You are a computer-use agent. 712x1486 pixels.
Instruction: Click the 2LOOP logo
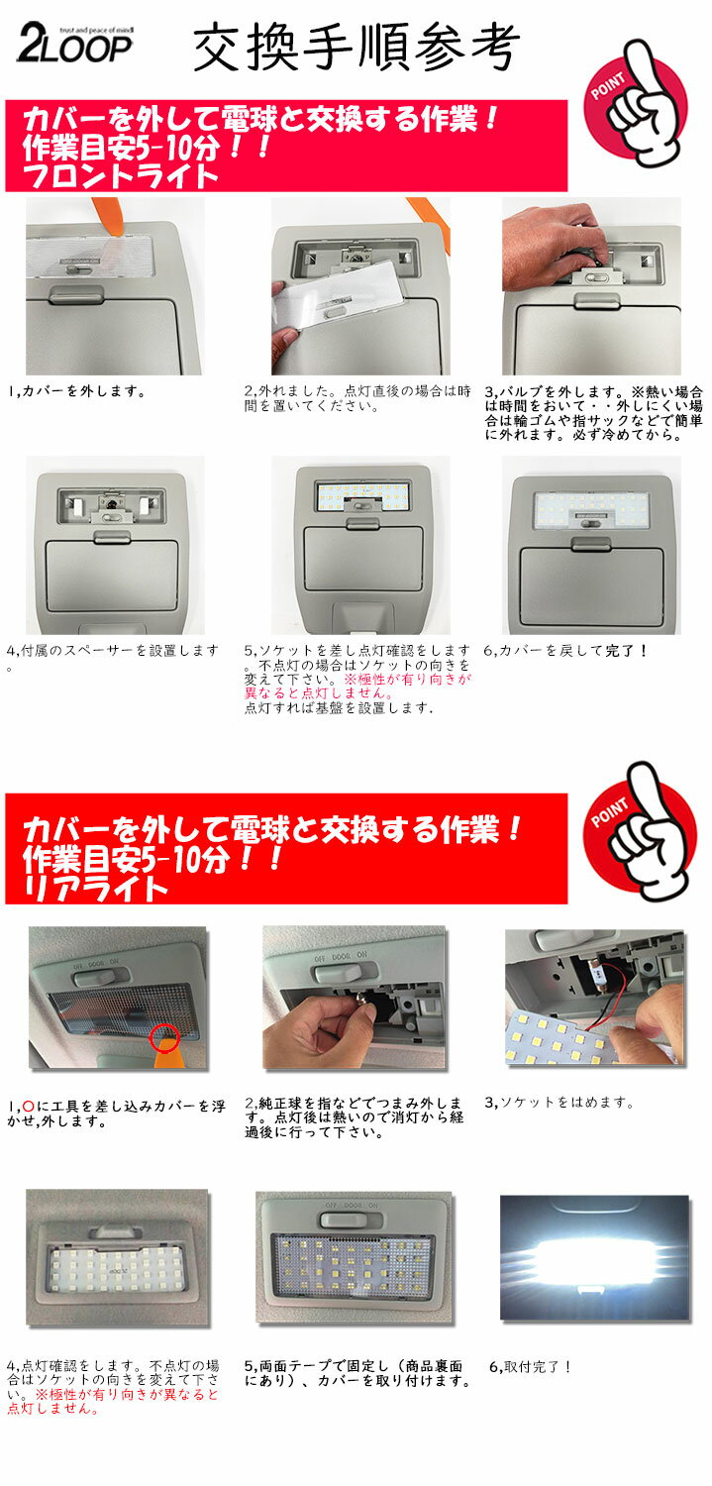74,45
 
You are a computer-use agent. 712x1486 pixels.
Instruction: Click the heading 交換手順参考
356,47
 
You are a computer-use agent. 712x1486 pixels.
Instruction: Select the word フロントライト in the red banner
120,176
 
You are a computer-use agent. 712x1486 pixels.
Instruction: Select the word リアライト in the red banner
96,888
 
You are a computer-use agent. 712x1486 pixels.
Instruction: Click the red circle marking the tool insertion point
164,1038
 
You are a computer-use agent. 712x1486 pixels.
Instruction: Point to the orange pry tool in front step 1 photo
114,218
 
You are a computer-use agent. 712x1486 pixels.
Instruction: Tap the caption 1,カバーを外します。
77,391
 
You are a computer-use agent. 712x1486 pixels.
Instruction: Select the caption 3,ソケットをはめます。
559,1103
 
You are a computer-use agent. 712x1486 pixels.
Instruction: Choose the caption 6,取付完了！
531,1366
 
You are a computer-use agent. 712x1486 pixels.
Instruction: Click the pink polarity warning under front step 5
357,686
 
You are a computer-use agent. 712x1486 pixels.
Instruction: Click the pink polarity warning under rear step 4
113,1401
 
